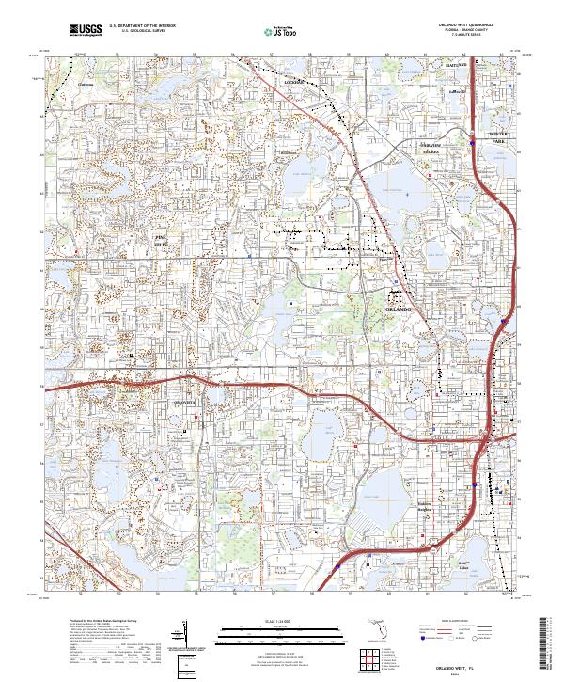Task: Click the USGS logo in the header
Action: click(x=86, y=31)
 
